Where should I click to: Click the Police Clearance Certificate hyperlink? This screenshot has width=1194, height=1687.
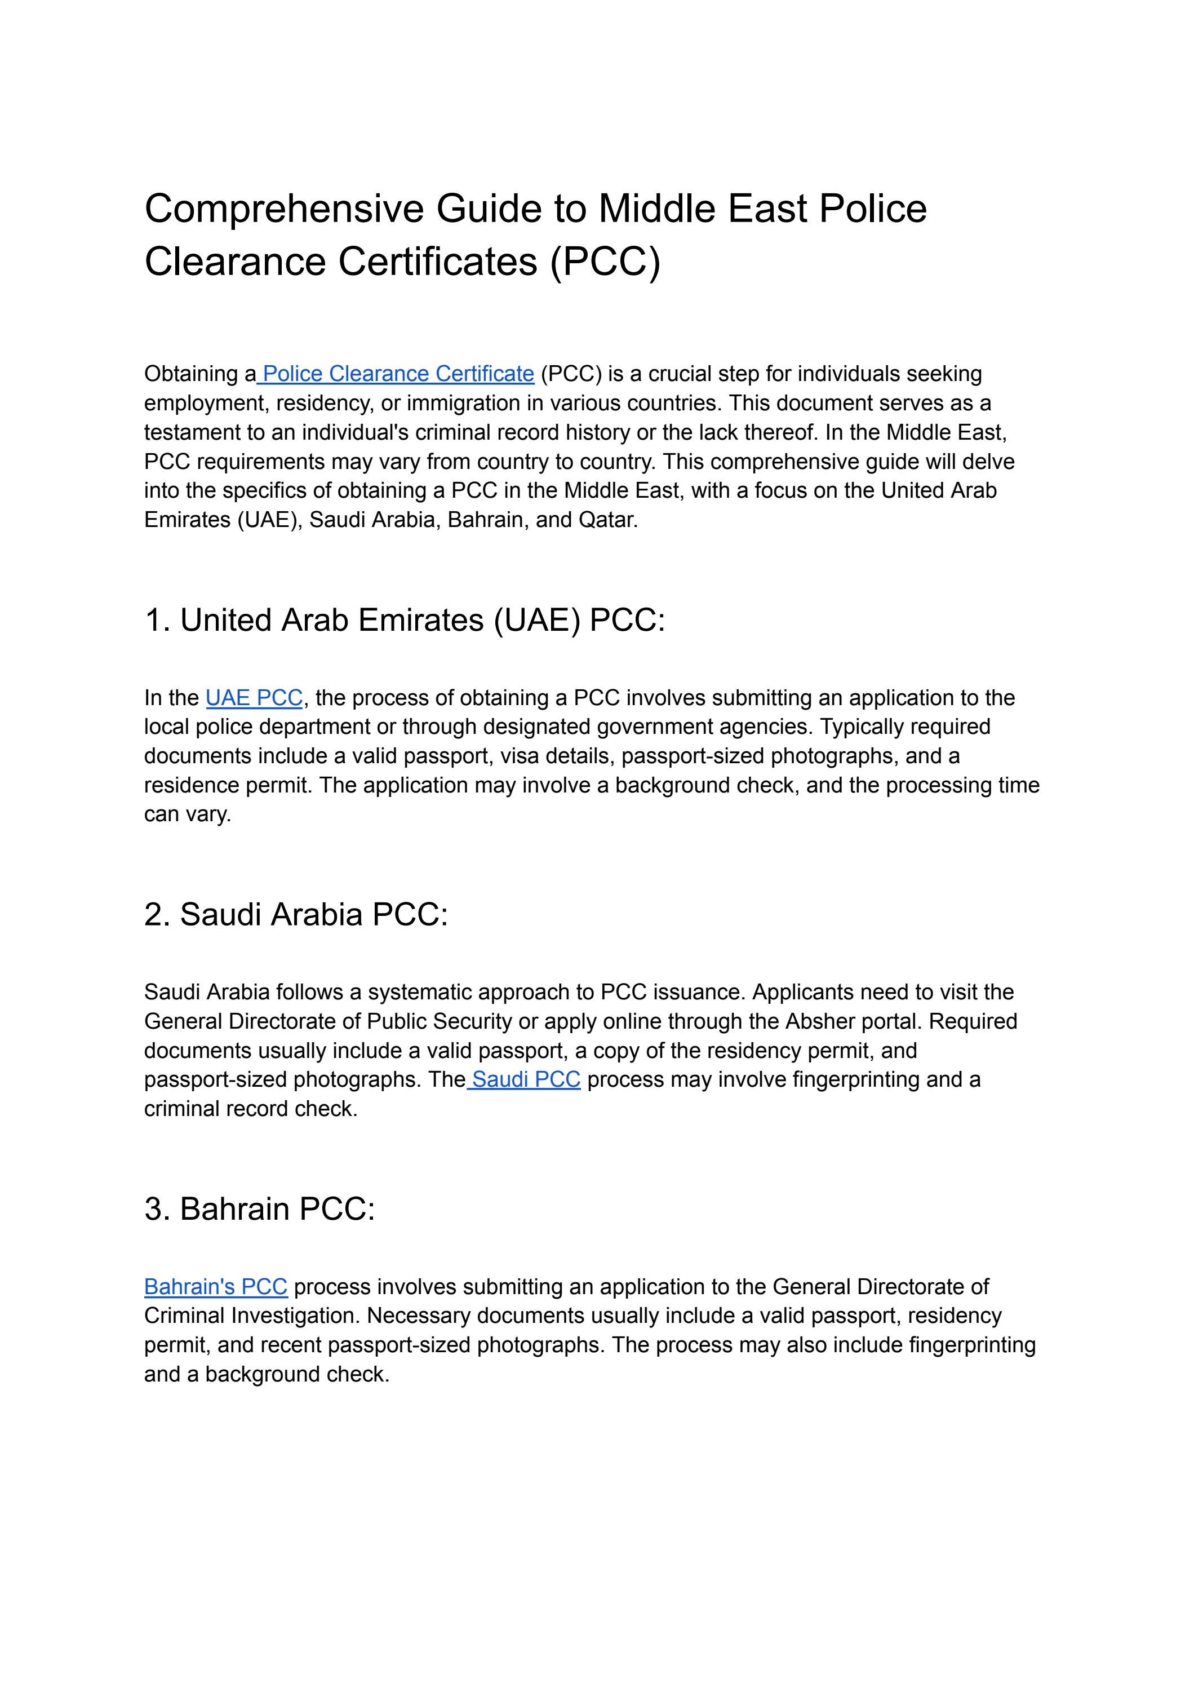click(398, 374)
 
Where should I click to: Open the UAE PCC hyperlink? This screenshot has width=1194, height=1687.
click(254, 697)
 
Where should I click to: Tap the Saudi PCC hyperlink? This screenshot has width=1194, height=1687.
click(526, 1079)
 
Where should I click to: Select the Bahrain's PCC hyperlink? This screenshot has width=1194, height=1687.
click(215, 1286)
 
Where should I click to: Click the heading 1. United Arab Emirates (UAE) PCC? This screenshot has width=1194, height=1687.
click(405, 620)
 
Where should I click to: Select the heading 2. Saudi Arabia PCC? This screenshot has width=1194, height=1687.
click(296, 914)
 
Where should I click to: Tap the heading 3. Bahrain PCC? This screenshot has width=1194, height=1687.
click(260, 1208)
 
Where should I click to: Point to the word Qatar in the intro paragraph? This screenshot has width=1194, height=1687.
click(607, 519)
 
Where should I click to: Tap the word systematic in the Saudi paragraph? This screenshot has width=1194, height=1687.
click(420, 991)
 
